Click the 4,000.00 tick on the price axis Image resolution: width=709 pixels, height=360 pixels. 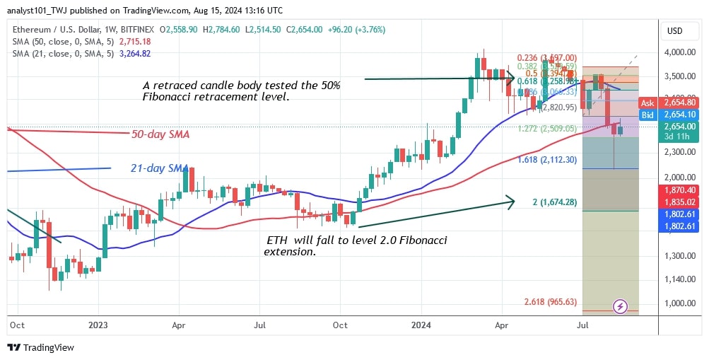679,52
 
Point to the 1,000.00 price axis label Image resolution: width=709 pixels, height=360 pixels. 679,303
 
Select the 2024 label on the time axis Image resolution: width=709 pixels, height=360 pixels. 422,325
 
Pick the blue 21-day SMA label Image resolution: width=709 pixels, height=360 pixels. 159,168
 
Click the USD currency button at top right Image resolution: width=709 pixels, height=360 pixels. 674,30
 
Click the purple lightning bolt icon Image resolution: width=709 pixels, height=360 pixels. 620,306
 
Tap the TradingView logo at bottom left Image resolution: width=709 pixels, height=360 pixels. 41,347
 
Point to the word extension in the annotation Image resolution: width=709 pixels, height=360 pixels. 290,252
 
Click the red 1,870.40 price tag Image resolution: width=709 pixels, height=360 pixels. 678,191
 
